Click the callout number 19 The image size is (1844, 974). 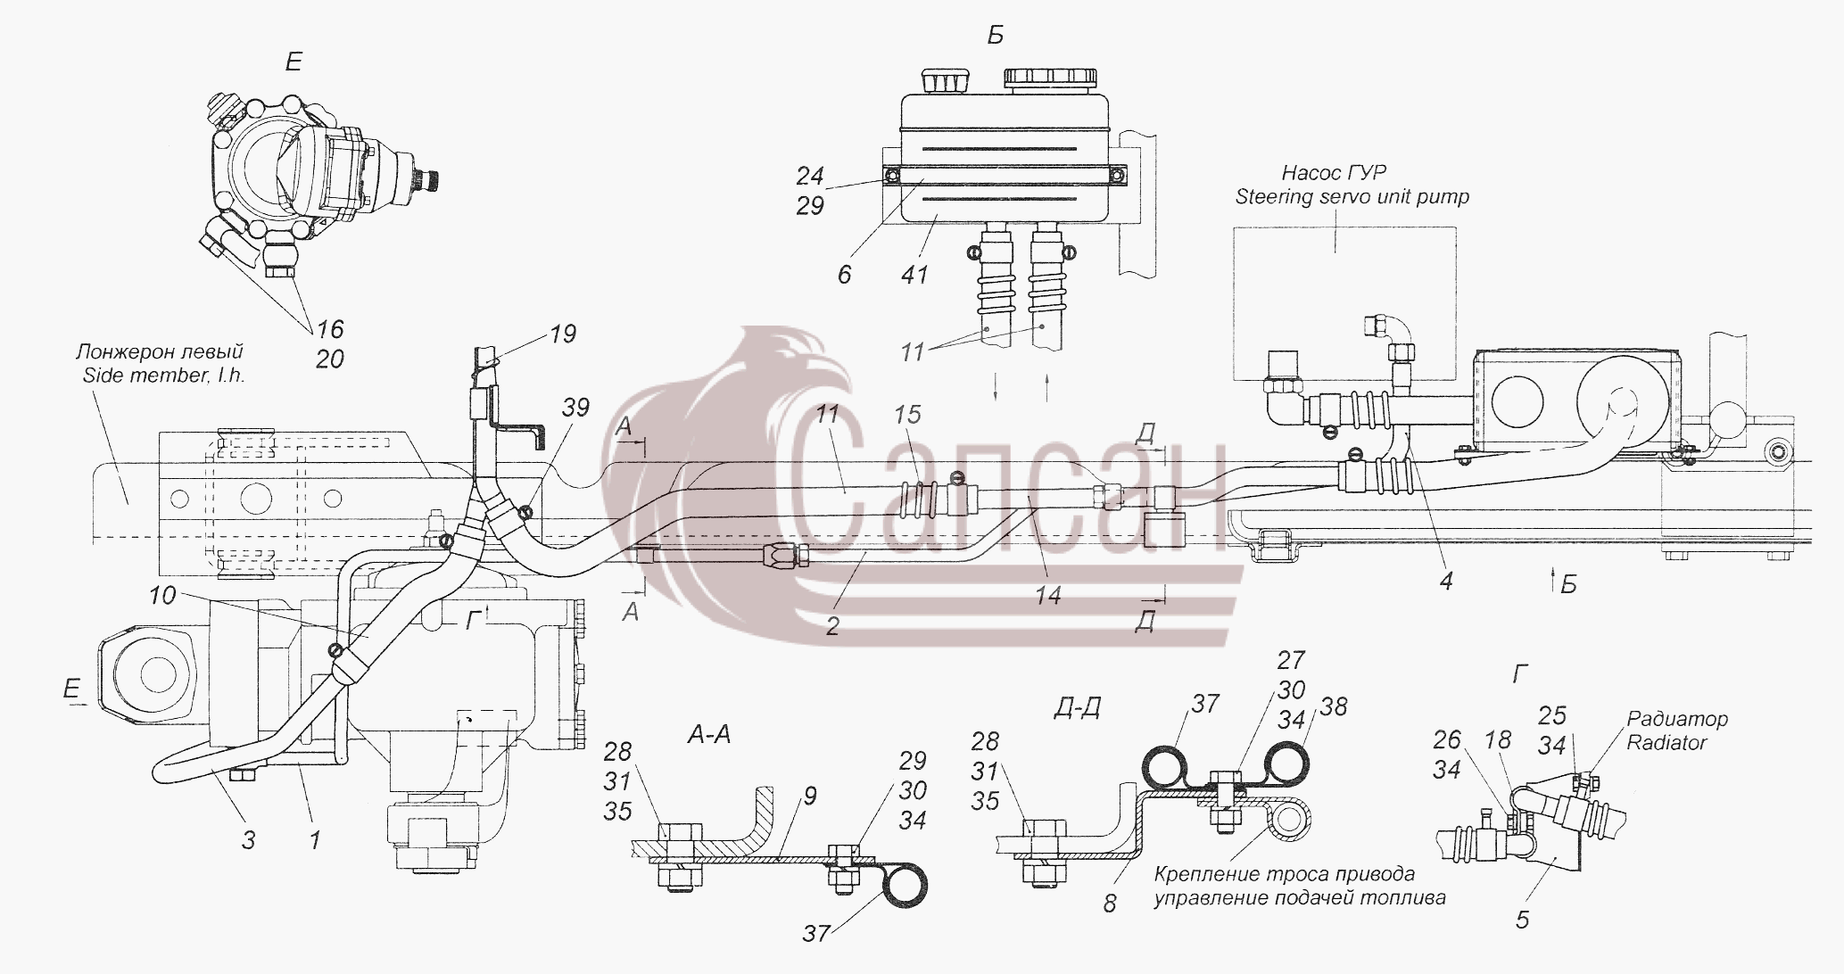pos(562,334)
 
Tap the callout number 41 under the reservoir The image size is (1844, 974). pos(914,275)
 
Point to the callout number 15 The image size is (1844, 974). pos(906,415)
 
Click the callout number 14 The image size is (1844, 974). pos(1047,595)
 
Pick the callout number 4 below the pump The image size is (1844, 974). pos(1446,582)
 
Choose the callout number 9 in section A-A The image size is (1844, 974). pos(809,797)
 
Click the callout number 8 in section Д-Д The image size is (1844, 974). pos(1109,904)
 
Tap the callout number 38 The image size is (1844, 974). pos(1333,706)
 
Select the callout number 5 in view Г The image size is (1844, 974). pos(1522,920)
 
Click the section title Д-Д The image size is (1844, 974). pos(1076,708)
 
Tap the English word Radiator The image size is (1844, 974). pos(1666,743)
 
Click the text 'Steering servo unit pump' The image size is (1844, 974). pos(1352,196)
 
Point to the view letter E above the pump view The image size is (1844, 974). pos(293,62)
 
